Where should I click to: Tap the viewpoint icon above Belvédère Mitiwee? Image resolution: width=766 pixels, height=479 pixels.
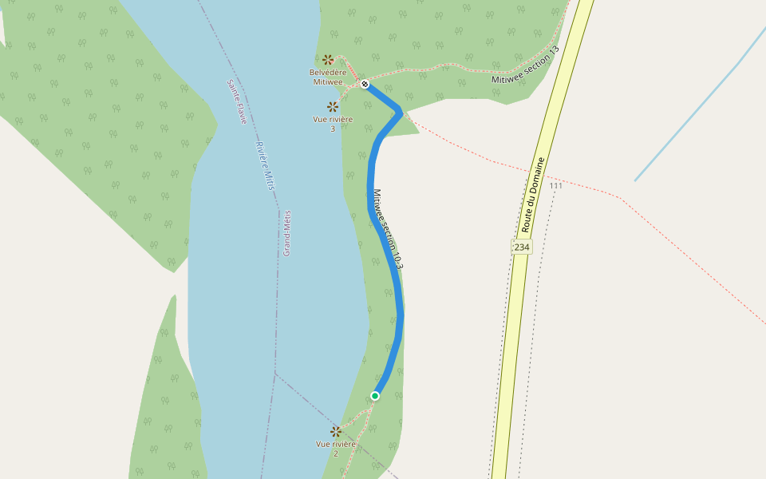328,60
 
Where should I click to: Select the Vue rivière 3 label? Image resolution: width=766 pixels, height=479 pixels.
333,124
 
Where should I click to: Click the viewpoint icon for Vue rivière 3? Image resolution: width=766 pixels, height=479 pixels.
333,106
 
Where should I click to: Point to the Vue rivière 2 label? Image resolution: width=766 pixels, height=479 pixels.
336,449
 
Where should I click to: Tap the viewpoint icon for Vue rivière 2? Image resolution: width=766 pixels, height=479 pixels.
336,431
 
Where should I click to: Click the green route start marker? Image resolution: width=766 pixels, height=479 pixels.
375,395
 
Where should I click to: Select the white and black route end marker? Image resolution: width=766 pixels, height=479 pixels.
365,84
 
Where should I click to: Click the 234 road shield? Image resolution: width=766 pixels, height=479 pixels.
521,247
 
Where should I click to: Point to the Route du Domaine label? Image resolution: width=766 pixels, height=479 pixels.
533,195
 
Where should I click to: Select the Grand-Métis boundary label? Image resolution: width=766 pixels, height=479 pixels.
286,232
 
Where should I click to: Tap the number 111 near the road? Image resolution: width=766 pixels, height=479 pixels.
556,186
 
